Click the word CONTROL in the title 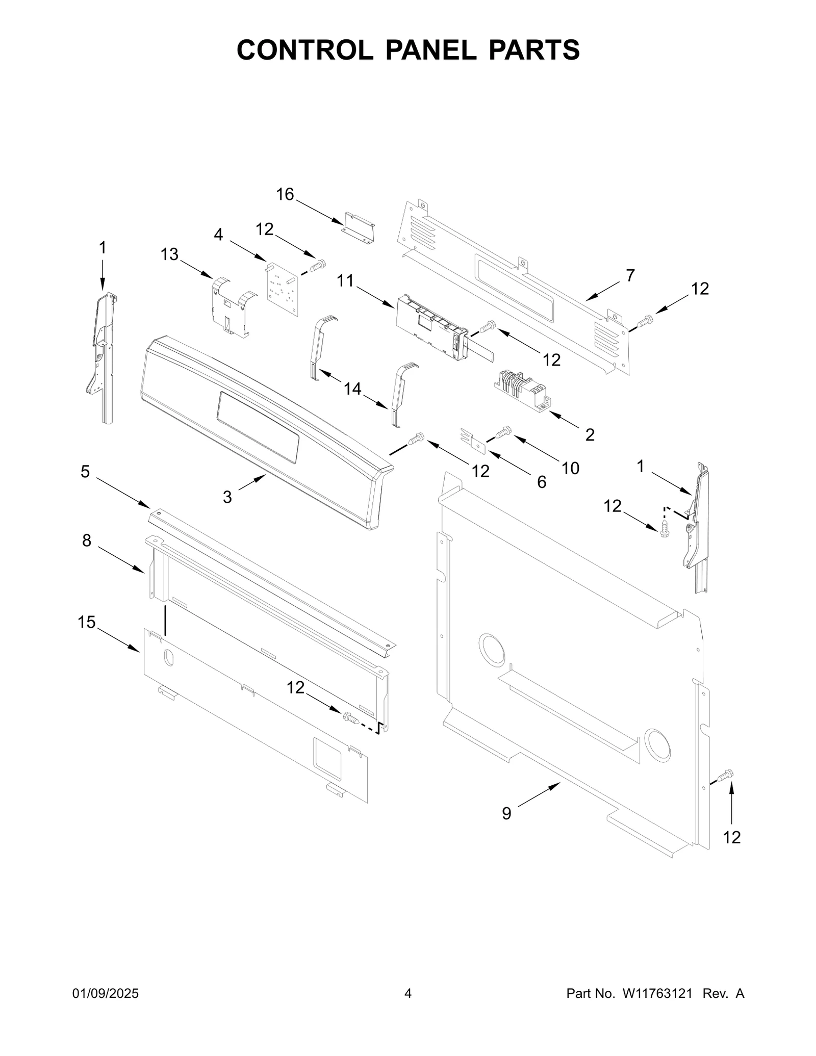coord(304,50)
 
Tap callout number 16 coord(285,194)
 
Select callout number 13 coord(169,254)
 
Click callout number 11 coord(345,280)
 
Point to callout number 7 coord(630,275)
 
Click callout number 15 coord(87,622)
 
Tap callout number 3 coord(227,496)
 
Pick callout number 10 coord(570,468)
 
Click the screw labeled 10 coord(503,432)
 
